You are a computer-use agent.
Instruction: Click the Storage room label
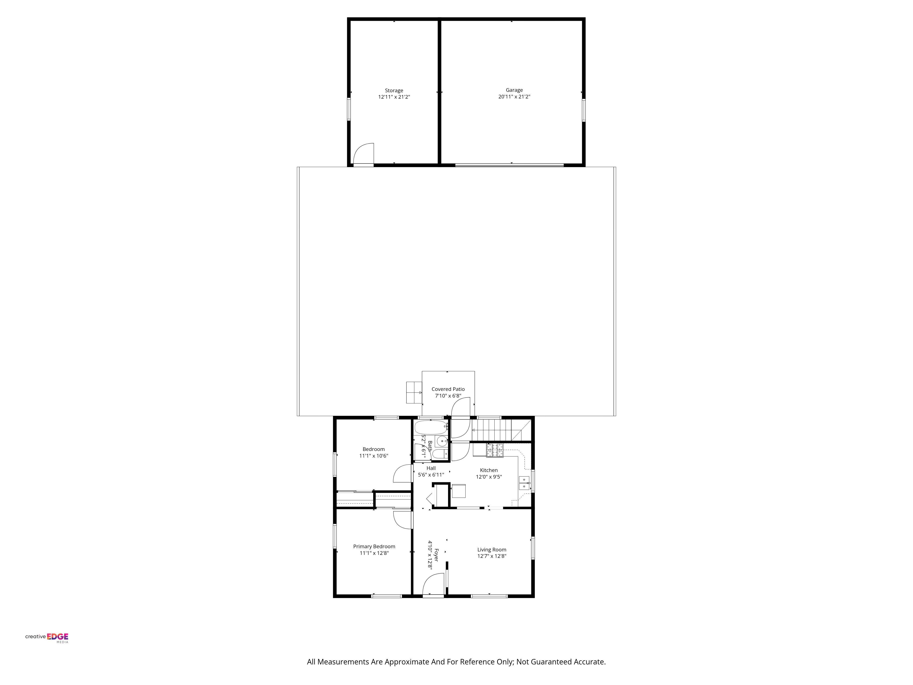coord(394,90)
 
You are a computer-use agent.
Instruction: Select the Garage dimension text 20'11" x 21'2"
coord(514,97)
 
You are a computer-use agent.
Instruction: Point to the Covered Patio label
coord(448,389)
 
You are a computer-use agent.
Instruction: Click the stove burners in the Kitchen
coord(495,450)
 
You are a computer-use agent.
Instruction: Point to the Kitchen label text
coord(489,470)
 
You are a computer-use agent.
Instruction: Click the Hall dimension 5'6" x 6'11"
coord(431,475)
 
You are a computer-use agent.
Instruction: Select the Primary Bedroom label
coord(374,546)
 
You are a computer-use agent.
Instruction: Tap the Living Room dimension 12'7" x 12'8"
coord(492,556)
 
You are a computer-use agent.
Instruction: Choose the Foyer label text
coord(436,555)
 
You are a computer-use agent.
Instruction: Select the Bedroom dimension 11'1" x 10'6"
coord(374,456)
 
